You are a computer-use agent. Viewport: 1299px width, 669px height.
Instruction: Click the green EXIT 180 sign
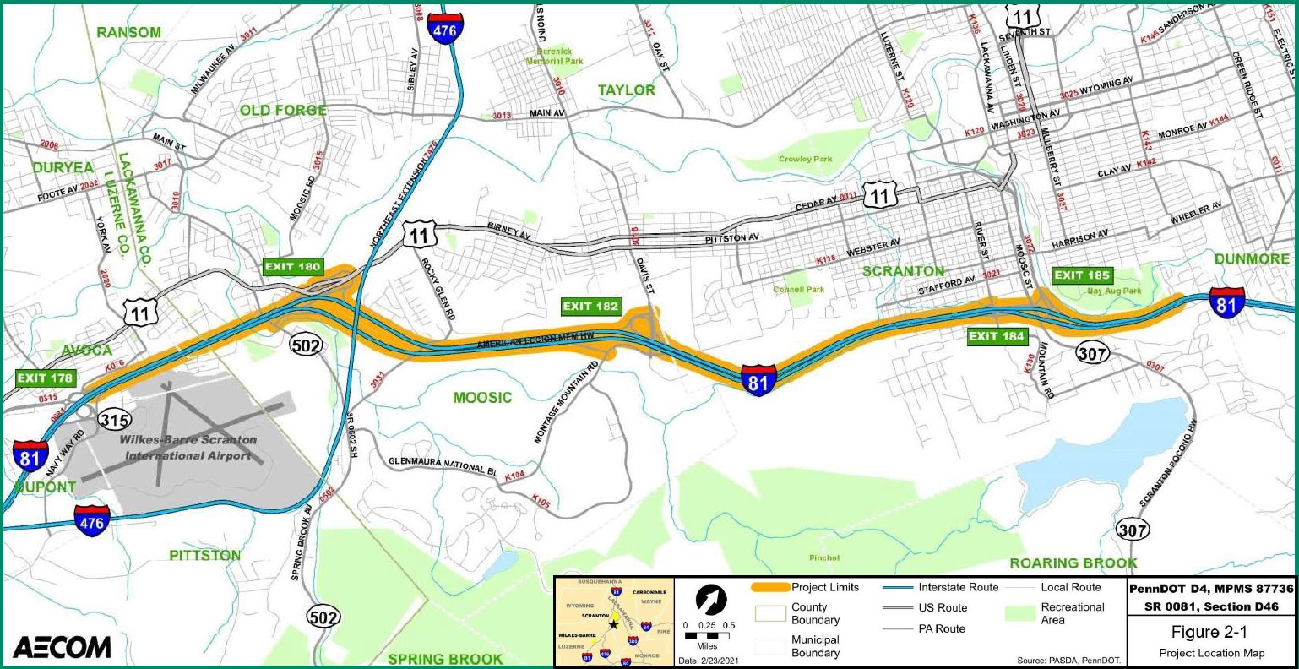292,268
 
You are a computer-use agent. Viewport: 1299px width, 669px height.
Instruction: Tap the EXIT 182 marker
590,307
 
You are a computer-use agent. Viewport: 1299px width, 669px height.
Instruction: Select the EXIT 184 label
997,337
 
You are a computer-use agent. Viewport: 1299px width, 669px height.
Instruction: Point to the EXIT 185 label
1082,275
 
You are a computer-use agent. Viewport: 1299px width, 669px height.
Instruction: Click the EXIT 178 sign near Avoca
45,378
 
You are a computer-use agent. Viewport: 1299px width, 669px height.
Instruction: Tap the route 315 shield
114,418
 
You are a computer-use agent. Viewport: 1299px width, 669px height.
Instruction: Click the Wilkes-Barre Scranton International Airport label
188,448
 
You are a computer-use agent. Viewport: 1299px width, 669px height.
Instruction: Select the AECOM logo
62,647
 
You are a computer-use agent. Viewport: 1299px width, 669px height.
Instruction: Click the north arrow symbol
711,599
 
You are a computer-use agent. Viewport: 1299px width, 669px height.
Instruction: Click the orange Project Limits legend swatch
770,588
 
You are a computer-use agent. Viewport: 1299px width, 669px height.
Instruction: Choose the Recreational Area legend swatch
1021,613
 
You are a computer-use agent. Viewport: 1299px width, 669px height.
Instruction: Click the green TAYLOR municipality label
626,90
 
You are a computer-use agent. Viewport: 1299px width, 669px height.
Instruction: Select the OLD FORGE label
283,111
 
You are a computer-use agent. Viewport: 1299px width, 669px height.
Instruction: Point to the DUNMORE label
1252,258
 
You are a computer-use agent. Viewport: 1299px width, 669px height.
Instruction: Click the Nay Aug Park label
1113,291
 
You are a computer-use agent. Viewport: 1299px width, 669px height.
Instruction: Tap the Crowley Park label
805,159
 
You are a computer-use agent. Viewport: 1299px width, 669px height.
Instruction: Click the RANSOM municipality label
128,32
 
